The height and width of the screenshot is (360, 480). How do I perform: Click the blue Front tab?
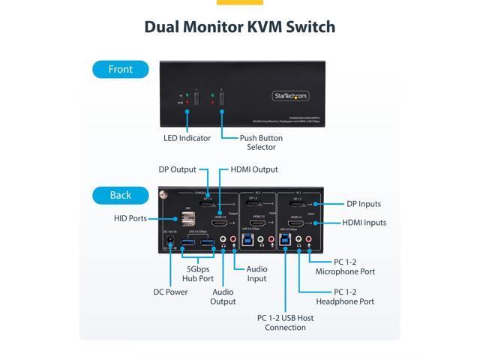121,69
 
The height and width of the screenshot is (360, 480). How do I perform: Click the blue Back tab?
121,195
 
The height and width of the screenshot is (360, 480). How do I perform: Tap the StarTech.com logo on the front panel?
289,95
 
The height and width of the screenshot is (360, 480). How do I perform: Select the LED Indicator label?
187,138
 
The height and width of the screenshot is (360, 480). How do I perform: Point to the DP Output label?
177,169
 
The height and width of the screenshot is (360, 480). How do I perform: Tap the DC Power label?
172,292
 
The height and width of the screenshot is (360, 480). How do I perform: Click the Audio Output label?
223,296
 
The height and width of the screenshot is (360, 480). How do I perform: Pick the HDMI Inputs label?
364,222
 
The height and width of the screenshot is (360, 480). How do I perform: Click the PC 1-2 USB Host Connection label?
284,322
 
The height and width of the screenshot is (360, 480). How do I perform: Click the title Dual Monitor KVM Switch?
240,27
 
